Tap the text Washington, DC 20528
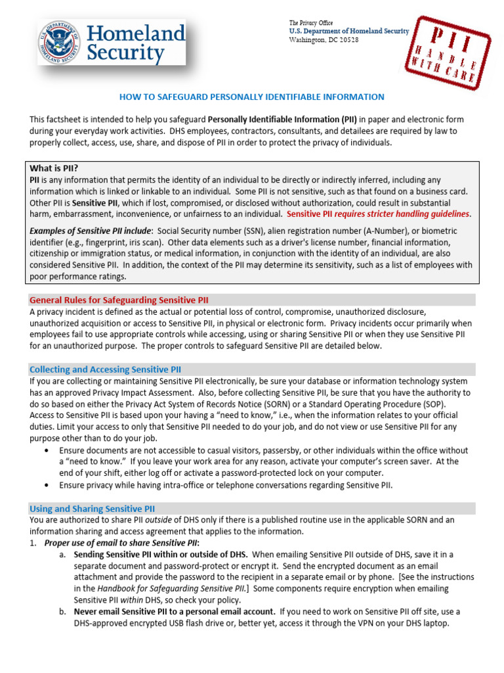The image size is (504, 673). point(324,39)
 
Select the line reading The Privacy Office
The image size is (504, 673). point(312,23)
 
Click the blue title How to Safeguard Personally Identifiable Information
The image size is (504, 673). point(251,97)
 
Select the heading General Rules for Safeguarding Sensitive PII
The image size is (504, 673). point(119,300)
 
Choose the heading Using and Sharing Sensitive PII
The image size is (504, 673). point(92,508)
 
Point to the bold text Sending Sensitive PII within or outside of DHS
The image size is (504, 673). point(163,554)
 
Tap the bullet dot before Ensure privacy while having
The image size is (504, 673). point(45,486)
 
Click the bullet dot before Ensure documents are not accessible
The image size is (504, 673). point(45,451)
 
